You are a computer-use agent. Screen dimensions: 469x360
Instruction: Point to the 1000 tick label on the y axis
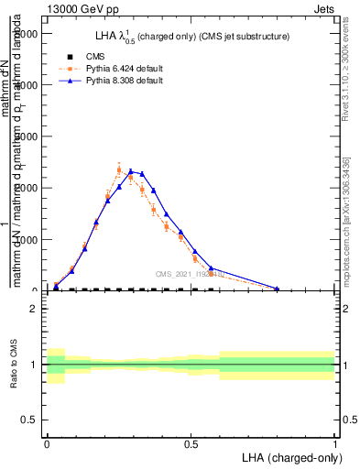pos(27,239)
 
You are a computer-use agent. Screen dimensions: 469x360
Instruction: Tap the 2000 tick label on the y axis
pos(27,188)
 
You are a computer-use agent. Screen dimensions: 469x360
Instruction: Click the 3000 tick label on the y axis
pos(27,136)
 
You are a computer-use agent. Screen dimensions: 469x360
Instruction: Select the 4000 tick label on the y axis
pos(27,84)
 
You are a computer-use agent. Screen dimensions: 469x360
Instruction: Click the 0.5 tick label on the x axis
pos(191,443)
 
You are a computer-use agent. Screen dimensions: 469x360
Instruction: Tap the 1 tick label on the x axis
pos(335,443)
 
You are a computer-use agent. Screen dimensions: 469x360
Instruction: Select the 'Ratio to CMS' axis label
pos(13,365)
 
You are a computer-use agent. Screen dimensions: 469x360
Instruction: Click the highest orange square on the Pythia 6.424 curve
pos(119,169)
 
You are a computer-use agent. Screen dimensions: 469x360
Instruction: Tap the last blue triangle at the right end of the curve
pos(277,289)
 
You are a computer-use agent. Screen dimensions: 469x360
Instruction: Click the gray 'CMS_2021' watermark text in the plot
pos(188,274)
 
